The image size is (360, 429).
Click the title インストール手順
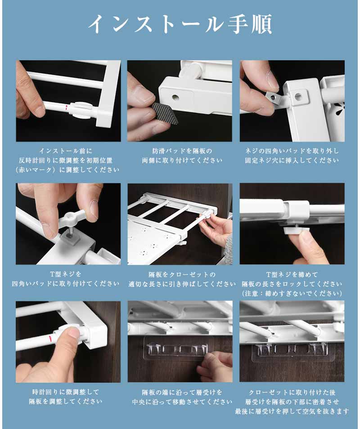pyautogui.click(x=180, y=24)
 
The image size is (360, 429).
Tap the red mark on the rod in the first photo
pyautogui.click(x=66, y=107)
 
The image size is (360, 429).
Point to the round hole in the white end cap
pyautogui.click(x=175, y=97)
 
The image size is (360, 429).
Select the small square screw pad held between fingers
pyautogui.click(x=274, y=97)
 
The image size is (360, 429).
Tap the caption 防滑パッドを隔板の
pyautogui.click(x=182, y=151)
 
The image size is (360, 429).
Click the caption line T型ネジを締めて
pyautogui.click(x=292, y=274)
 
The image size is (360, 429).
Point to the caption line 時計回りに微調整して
pyautogui.click(x=66, y=392)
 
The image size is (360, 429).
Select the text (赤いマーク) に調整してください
pyautogui.click(x=67, y=170)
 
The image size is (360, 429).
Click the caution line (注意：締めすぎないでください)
pyautogui.click(x=292, y=294)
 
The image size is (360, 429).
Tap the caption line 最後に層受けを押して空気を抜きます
pyautogui.click(x=292, y=411)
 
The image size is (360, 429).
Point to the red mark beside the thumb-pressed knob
pyautogui.click(x=49, y=338)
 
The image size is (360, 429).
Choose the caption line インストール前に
pyautogui.click(x=66, y=151)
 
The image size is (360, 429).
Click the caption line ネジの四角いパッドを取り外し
pyautogui.click(x=292, y=151)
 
